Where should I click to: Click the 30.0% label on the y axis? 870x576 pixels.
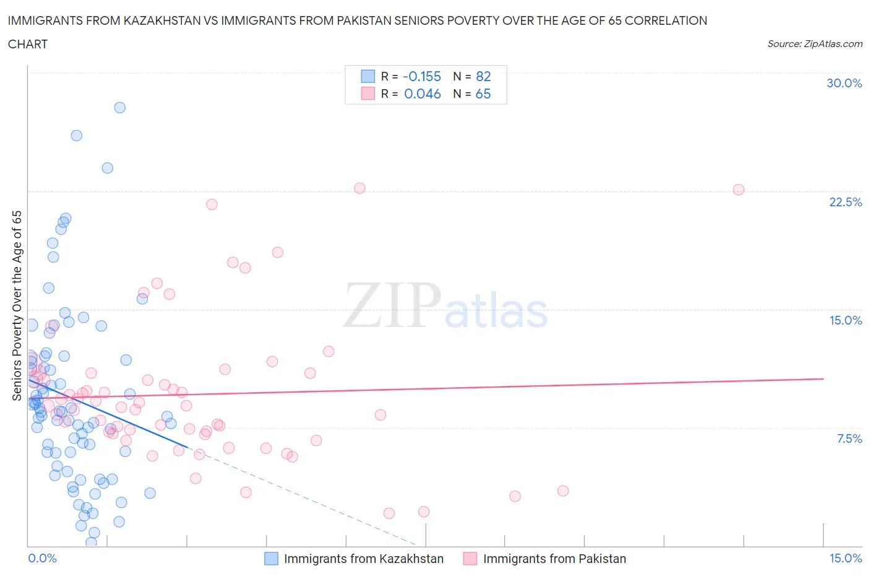tap(844, 83)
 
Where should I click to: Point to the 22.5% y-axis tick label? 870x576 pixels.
tap(845, 202)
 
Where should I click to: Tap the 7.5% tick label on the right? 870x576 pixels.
tap(849, 439)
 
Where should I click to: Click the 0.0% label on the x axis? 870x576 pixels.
tap(42, 558)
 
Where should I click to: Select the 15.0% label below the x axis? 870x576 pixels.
tap(845, 558)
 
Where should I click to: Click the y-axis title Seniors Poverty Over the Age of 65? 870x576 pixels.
tap(17, 305)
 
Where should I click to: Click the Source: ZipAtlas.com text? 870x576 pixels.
tap(814, 44)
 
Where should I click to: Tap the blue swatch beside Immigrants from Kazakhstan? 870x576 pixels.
tap(271, 559)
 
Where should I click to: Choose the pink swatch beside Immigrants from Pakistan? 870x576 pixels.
tap(470, 559)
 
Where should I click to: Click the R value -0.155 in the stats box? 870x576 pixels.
tap(421, 76)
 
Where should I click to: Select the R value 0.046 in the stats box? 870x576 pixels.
tap(422, 94)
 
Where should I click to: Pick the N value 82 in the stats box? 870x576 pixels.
tap(483, 76)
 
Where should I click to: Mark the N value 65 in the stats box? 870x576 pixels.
tap(483, 94)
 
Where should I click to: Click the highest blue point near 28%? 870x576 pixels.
tap(120, 108)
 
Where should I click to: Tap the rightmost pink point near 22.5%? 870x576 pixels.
tap(738, 190)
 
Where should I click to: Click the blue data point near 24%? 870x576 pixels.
tap(108, 168)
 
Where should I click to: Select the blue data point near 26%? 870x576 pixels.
tap(77, 136)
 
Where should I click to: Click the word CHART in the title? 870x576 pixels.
tap(28, 44)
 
